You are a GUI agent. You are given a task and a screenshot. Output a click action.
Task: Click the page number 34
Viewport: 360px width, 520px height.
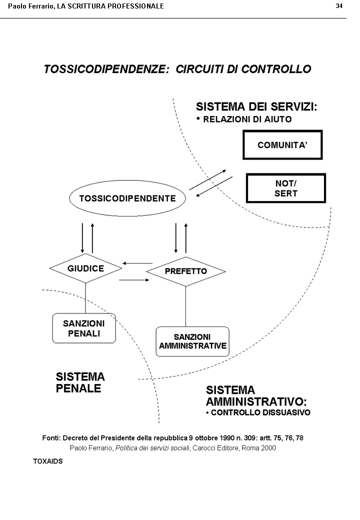339,6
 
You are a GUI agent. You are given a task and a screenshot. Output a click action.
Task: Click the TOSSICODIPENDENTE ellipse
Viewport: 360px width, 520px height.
127,198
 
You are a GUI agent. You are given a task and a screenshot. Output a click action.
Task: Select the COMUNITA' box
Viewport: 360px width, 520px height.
282,145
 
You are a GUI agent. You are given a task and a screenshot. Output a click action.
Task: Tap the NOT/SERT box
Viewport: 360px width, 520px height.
286,188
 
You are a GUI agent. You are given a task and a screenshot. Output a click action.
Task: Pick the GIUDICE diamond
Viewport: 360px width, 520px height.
86,268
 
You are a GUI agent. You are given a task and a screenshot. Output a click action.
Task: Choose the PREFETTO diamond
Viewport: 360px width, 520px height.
185,271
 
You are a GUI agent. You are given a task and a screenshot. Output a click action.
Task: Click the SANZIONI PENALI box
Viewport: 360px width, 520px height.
84,328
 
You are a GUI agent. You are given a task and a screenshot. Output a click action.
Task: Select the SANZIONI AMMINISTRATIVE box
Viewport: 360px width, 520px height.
192,341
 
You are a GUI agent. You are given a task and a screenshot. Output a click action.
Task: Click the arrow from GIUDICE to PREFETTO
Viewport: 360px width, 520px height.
134,280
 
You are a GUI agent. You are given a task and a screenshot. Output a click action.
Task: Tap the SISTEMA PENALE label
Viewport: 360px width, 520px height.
80,382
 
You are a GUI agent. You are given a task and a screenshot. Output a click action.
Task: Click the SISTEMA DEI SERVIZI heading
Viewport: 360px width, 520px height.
256,106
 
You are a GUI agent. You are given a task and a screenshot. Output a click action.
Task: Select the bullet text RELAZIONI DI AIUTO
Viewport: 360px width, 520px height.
247,119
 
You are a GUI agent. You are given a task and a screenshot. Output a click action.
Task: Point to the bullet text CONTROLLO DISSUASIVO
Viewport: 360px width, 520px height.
260,413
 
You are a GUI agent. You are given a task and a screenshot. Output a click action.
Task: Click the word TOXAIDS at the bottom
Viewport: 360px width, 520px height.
48,461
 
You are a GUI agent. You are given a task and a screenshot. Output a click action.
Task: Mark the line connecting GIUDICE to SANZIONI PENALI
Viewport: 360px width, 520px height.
85,298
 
